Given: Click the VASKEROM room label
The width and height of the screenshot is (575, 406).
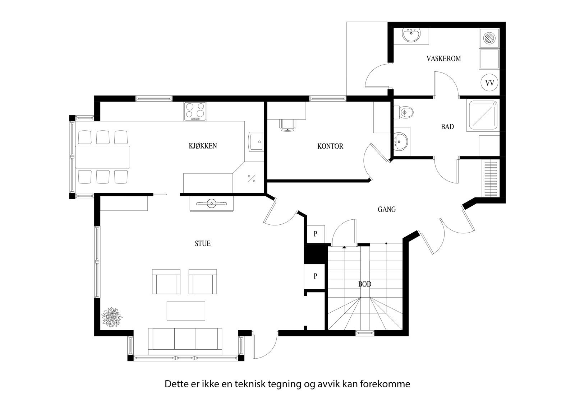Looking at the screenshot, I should click(443, 59).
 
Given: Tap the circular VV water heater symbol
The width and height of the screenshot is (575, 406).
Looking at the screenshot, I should click(489, 83).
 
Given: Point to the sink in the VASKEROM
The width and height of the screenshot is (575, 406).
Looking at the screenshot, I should click(411, 36).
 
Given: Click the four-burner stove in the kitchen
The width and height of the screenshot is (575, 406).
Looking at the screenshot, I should click(195, 111).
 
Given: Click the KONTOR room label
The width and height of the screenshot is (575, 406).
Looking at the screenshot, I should click(330, 146).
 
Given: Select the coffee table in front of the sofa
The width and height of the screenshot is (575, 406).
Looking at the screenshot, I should click(186, 311).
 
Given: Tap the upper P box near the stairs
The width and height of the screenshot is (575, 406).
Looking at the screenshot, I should click(315, 234).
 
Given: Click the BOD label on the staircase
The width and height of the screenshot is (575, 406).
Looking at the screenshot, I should click(364, 284).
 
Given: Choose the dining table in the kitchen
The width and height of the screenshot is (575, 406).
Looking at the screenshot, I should click(102, 157).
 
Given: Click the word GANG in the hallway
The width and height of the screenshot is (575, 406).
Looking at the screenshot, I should click(387, 209).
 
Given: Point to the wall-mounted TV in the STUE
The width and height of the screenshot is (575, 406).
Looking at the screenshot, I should click(212, 204).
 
